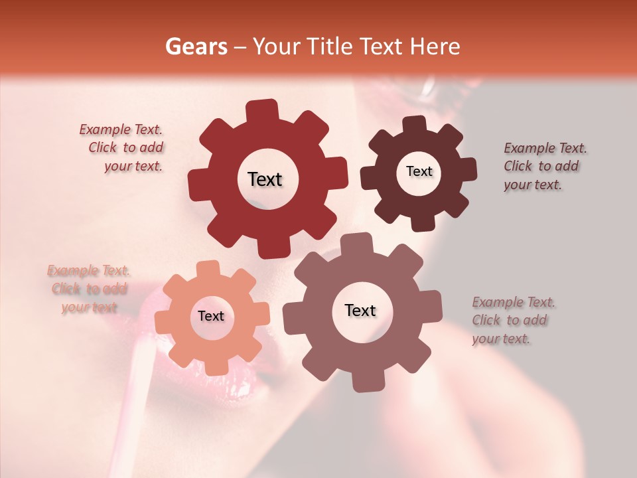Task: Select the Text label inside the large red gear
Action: pyautogui.click(x=265, y=179)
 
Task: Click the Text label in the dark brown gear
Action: pyautogui.click(x=419, y=171)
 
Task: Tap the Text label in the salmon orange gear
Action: pyautogui.click(x=211, y=317)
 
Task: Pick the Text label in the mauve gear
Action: pyautogui.click(x=360, y=310)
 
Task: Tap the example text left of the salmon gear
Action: pyautogui.click(x=89, y=289)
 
